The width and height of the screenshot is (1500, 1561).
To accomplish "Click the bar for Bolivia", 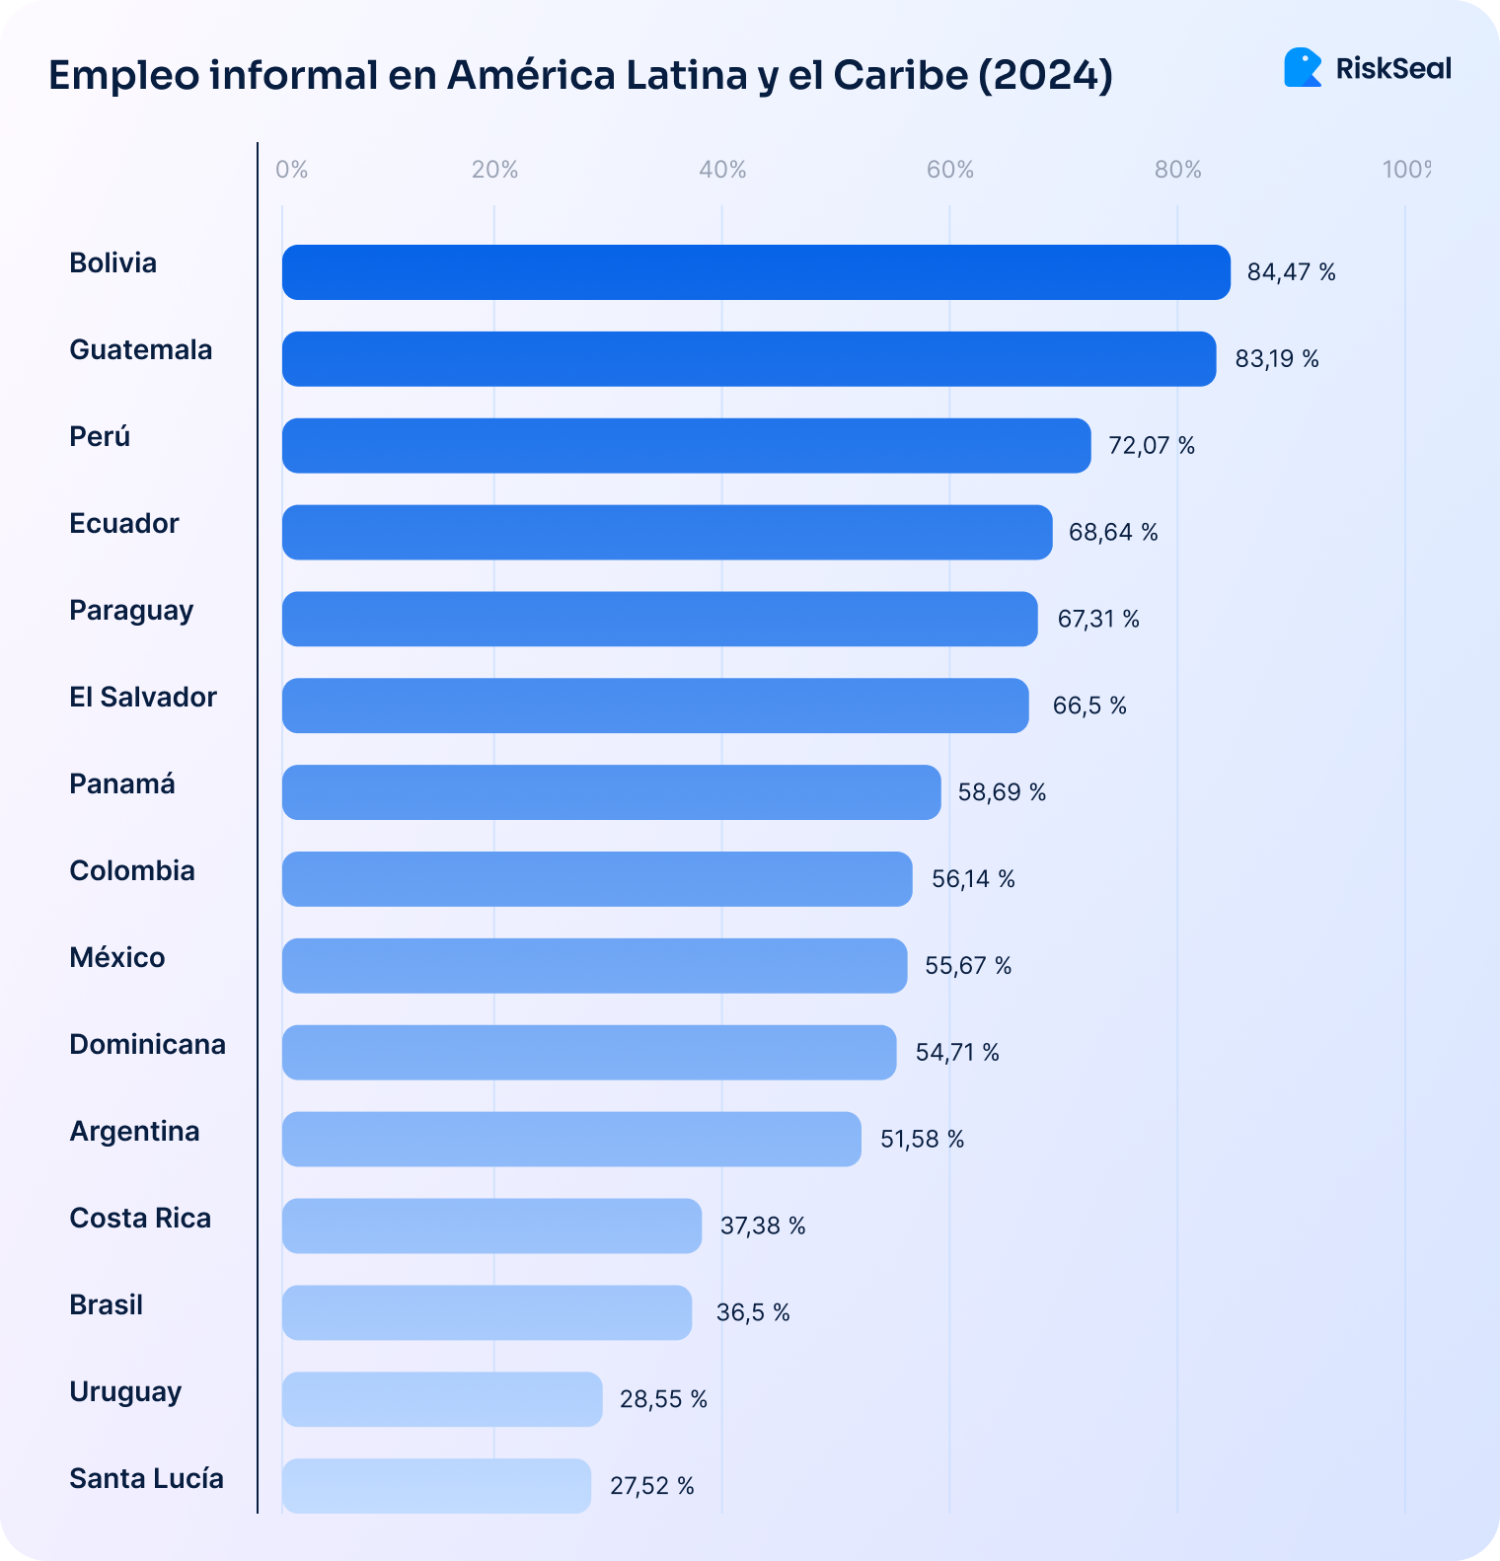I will [756, 272].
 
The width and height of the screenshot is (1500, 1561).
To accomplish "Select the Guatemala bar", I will [749, 359].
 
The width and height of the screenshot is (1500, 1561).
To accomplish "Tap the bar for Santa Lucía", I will [436, 1486].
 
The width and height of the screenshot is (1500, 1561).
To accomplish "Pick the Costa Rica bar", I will [491, 1226].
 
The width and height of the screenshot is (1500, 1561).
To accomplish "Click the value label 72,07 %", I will [1151, 446].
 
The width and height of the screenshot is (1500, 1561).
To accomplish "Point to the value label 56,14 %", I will [973, 879].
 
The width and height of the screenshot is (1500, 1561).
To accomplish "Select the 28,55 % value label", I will [663, 1399].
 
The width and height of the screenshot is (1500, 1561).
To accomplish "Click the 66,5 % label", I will [1089, 706].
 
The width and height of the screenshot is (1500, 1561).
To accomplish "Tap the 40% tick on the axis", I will [722, 170].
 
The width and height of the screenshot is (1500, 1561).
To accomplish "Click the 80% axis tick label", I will [1177, 170].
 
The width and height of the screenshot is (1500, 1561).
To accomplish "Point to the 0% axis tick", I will [291, 170].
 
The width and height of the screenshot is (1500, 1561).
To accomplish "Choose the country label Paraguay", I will [131, 611].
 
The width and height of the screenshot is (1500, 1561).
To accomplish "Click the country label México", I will [117, 958].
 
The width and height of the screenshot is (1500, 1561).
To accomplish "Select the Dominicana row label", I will [147, 1045].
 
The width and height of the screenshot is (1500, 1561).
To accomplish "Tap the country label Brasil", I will [107, 1305].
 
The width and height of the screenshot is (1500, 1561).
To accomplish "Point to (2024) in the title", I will [1046, 76].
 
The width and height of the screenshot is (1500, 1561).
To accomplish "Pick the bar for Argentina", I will [571, 1139].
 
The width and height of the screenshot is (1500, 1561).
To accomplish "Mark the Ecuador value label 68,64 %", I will [1113, 533].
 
